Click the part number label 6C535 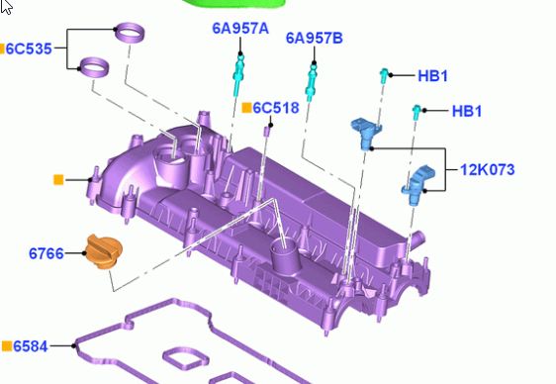[29, 48]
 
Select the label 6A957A [240, 29]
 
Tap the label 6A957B [315, 38]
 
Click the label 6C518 [276, 108]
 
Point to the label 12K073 [487, 170]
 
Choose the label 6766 [46, 253]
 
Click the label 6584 [30, 346]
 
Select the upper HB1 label [432, 76]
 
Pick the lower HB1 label [467, 111]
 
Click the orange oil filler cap [104, 251]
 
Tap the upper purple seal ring [131, 33]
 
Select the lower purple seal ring [94, 66]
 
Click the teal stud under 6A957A [238, 74]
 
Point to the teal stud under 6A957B [311, 82]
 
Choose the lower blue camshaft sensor [417, 185]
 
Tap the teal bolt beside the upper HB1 [384, 76]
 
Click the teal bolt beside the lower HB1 [417, 113]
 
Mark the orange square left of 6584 [7, 346]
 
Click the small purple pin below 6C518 [268, 132]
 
